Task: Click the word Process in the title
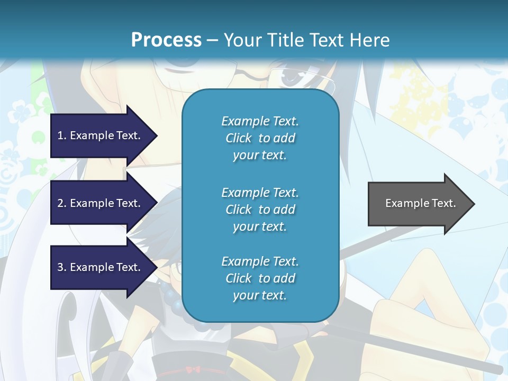[166, 40]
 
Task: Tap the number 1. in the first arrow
[62, 135]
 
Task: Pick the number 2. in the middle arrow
[62, 203]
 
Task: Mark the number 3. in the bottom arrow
[62, 267]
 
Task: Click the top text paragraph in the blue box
[260, 138]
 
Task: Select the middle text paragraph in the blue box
[260, 210]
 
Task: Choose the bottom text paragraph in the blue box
[260, 278]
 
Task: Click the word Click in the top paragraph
[239, 138]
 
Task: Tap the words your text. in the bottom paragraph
[260, 295]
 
